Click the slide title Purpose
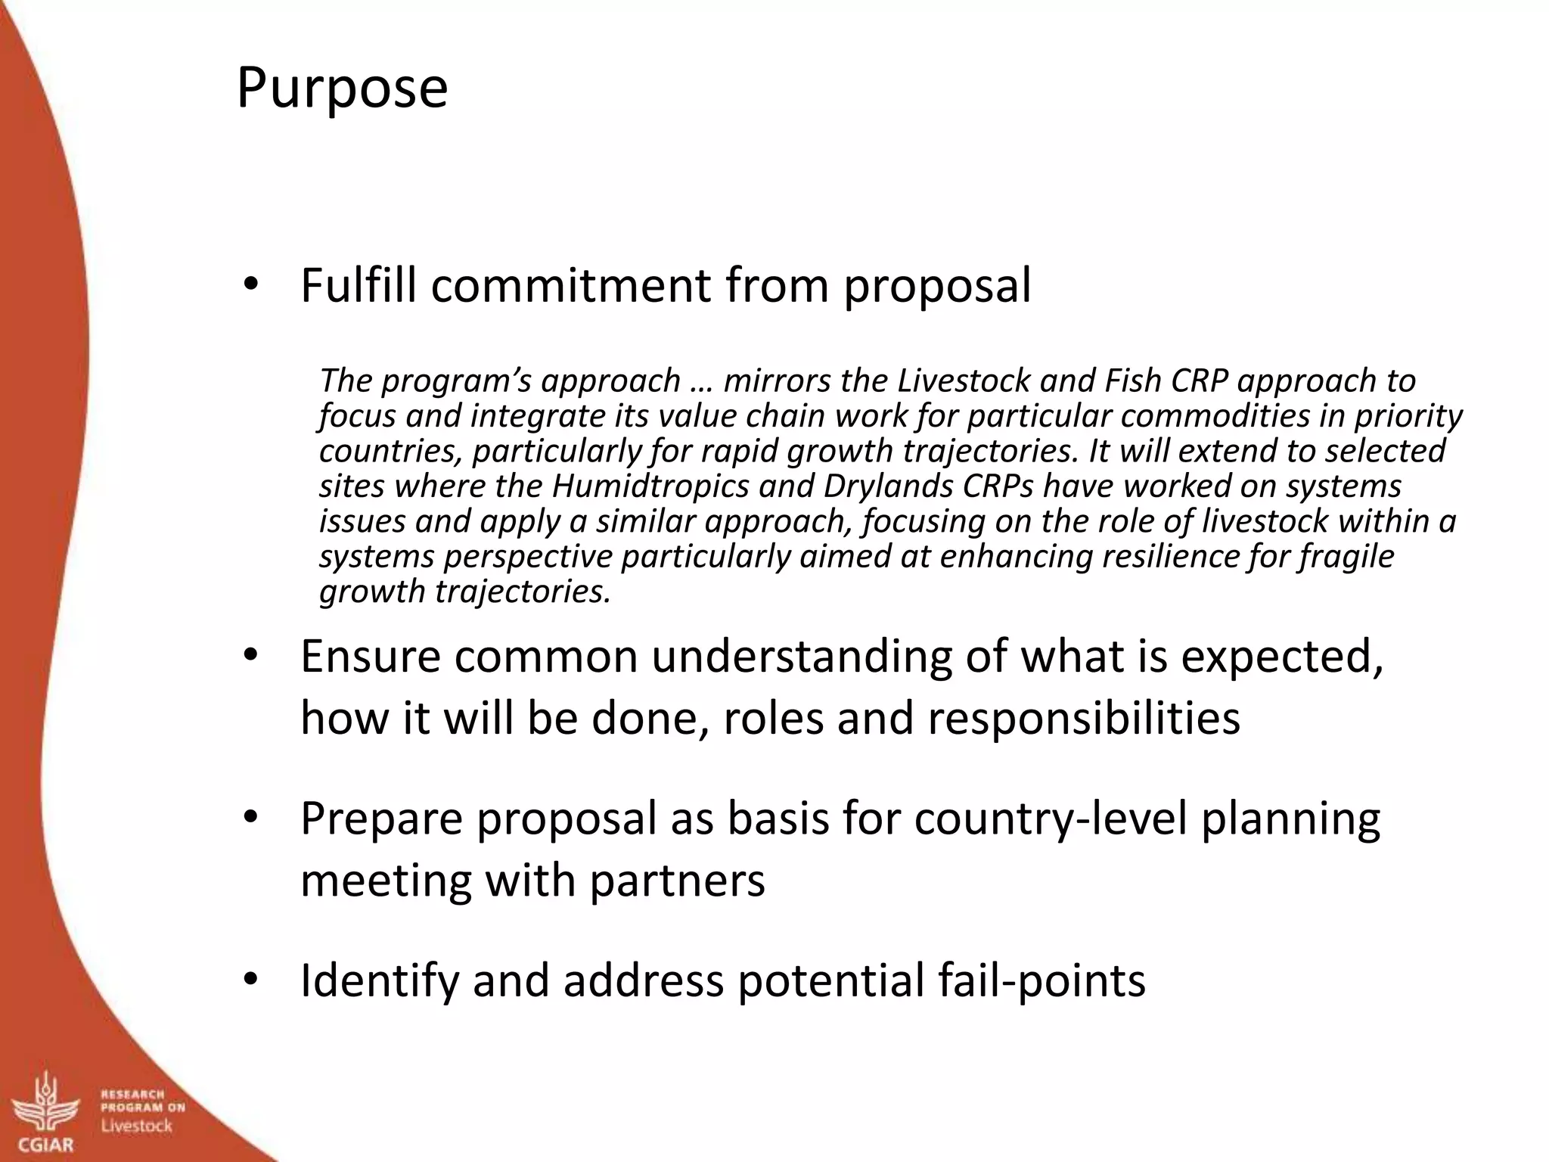pos(342,89)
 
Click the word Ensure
pos(370,656)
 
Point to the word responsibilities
pos(1083,718)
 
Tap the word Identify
pos(380,981)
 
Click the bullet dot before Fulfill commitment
pos(251,286)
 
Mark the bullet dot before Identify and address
pos(251,980)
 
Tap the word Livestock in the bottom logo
pos(137,1126)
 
